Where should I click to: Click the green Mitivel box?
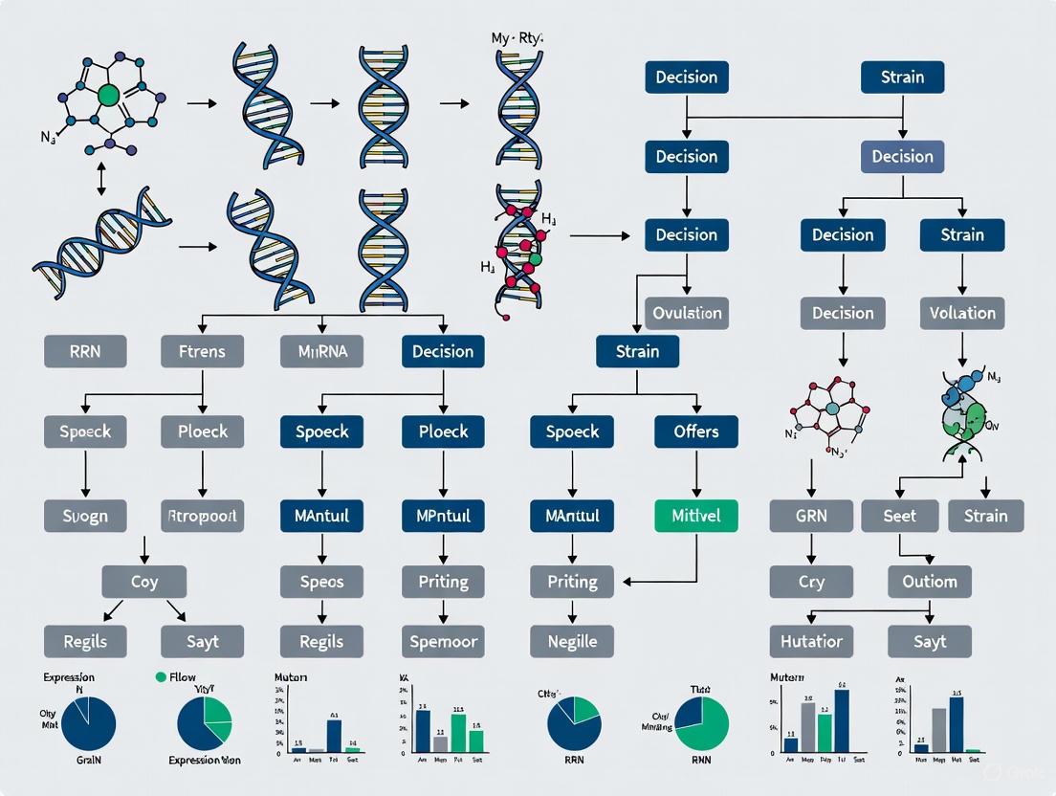[695, 516]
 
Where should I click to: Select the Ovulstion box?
[686, 313]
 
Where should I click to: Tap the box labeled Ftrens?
[202, 351]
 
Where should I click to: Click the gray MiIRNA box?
[322, 351]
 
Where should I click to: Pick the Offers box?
[695, 431]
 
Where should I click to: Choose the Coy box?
[143, 581]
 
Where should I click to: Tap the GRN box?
[811, 516]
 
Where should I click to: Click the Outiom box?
[929, 581]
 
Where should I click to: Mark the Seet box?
[899, 516]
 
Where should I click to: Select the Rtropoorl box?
[202, 516]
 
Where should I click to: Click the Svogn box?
[85, 516]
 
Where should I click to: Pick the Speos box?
[321, 581]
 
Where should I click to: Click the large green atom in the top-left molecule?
[108, 94]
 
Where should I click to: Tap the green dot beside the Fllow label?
[160, 676]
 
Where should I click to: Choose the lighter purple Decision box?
[902, 156]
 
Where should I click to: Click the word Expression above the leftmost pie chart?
[68, 676]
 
